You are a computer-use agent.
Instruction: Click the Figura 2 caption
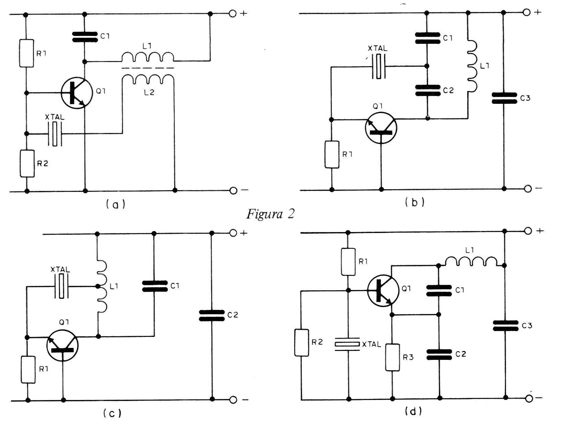pos(270,214)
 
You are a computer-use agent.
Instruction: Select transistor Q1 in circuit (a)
pos(76,93)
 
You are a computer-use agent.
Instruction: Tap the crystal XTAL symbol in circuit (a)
pos(55,134)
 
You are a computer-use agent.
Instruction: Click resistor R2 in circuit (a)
pos(27,163)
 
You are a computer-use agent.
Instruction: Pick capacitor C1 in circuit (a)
pos(85,37)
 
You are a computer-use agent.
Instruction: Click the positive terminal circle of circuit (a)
pos(232,14)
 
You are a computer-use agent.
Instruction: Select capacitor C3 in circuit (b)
pos(504,98)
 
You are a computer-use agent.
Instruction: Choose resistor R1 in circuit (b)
pos(332,154)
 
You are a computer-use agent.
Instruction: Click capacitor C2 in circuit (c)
pos(212,315)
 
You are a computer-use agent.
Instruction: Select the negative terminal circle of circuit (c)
pos(233,400)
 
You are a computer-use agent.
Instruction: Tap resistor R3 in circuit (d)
pos(393,357)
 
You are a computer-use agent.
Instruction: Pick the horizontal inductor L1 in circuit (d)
pos(471,261)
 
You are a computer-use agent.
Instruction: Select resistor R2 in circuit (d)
pos(301,343)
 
